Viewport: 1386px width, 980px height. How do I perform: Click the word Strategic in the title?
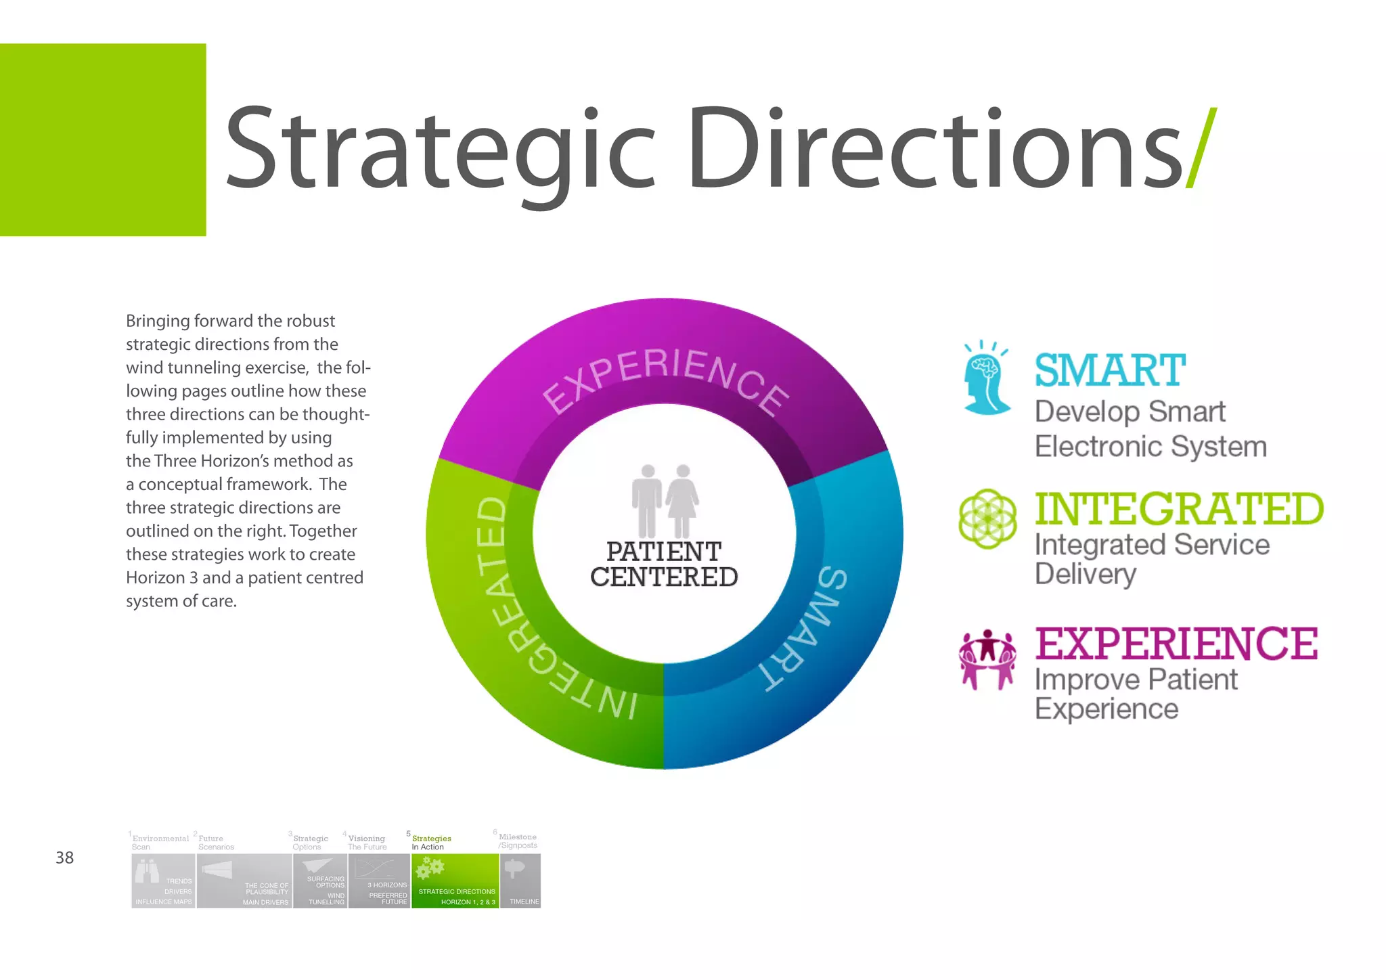pyautogui.click(x=440, y=149)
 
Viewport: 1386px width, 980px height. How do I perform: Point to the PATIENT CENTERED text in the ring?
pyautogui.click(x=664, y=564)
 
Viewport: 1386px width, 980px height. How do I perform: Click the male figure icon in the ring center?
pyautogui.click(x=647, y=501)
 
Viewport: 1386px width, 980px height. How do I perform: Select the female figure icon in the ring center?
pyautogui.click(x=682, y=501)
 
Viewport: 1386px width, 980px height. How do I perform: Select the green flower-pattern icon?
pyautogui.click(x=987, y=519)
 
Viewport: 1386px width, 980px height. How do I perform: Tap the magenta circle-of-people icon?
pyautogui.click(x=987, y=659)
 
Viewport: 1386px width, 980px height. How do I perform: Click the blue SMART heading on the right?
pyautogui.click(x=1110, y=371)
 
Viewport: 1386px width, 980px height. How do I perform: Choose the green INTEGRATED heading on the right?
pyautogui.click(x=1179, y=509)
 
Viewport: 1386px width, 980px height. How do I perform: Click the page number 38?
pyautogui.click(x=64, y=857)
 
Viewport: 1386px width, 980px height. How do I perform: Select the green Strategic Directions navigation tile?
pyautogui.click(x=455, y=881)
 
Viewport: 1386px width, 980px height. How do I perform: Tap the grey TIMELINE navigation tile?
pyautogui.click(x=520, y=881)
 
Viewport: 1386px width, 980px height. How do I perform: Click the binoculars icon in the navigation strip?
pyautogui.click(x=147, y=870)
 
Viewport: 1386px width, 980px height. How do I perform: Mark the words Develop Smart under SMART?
pyautogui.click(x=1130, y=411)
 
